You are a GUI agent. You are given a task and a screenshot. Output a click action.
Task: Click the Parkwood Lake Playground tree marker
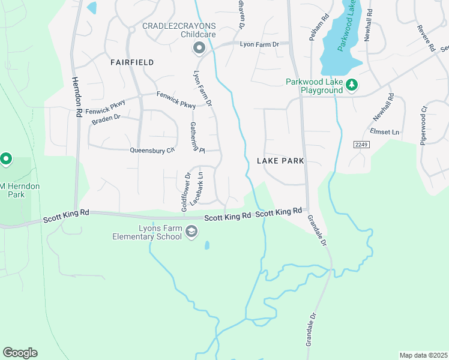tap(352, 86)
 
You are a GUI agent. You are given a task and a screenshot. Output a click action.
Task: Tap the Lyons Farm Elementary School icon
tap(191, 232)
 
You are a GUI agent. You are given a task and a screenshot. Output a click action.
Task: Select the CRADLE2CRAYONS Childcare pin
tap(198, 47)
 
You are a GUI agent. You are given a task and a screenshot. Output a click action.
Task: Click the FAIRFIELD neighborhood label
tap(132, 62)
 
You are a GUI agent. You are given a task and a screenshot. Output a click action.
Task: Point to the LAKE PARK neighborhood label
tap(281, 161)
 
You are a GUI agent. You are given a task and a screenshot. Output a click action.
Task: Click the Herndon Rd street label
tap(77, 96)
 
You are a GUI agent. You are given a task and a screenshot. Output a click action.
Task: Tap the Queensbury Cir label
tap(152, 150)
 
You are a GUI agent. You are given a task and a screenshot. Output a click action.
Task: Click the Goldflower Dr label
tap(185, 192)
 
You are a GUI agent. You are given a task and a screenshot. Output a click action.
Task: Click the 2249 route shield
tap(360, 145)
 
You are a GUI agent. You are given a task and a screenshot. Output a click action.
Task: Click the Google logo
tap(20, 352)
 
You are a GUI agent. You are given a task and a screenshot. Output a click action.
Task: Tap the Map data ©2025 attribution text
tap(423, 355)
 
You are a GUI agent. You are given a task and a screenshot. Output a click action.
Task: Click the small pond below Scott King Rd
tap(207, 245)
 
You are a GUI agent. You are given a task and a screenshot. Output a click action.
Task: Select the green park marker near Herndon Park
tap(6, 159)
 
